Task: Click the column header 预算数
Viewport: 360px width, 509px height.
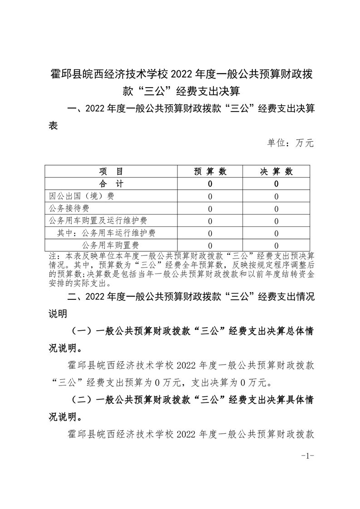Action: (210, 171)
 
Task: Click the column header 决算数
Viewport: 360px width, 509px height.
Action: (276, 171)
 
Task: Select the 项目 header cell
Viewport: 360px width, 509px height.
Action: (111, 171)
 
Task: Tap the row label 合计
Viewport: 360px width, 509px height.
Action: (111, 184)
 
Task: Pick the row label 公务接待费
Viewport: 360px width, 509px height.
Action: (69, 209)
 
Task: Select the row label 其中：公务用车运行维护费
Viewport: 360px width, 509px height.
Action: (106, 233)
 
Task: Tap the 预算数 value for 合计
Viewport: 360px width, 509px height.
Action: (210, 184)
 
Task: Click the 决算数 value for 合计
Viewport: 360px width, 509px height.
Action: (276, 184)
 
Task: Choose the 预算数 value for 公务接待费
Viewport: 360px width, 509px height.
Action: (210, 209)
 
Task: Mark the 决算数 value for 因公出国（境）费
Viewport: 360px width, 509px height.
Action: (276, 197)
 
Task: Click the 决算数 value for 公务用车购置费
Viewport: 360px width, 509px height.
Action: (276, 246)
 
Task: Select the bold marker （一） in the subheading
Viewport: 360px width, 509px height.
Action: (81, 332)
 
